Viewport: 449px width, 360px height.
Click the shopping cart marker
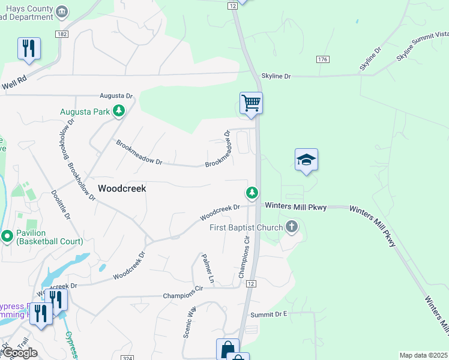point(251,103)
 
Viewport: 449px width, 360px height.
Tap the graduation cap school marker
point(306,160)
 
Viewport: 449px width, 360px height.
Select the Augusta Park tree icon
point(119,110)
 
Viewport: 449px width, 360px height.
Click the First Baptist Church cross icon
point(292,227)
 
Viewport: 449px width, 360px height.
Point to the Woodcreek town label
point(122,188)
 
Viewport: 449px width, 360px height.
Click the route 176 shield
point(323,59)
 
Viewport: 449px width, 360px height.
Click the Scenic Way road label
point(190,322)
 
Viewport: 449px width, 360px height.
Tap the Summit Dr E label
point(270,314)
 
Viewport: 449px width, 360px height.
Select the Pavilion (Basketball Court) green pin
point(7,236)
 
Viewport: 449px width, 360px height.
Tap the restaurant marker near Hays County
point(28,48)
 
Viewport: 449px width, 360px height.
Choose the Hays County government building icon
point(61,11)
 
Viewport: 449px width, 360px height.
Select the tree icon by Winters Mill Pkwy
point(252,193)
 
